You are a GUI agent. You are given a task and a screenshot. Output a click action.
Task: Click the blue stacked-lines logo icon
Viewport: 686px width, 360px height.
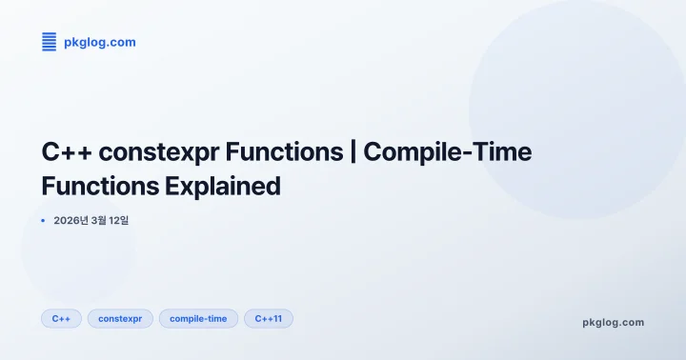(50, 41)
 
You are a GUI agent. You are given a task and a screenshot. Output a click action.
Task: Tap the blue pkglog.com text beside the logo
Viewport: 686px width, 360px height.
(99, 42)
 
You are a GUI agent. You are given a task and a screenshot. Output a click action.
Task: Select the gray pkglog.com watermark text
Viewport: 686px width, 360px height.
(613, 322)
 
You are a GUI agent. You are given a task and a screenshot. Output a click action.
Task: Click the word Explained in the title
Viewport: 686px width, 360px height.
(223, 186)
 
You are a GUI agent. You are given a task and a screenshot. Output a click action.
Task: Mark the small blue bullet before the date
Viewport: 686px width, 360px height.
(44, 220)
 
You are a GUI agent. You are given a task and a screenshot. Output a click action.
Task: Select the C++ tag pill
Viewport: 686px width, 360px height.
(61, 318)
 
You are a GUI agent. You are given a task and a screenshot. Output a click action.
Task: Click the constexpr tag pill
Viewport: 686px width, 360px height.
(120, 318)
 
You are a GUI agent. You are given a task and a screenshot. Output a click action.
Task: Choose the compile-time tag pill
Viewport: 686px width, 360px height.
(198, 318)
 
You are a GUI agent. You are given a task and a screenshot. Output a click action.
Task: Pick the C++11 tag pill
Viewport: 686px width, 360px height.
(268, 318)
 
